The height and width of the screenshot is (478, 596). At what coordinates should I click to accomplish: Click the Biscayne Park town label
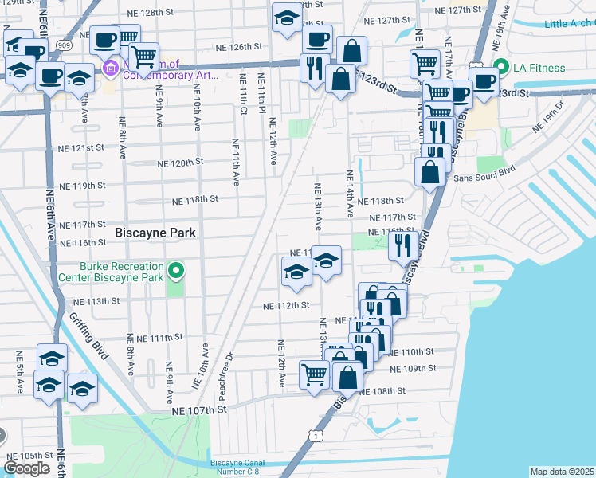point(156,233)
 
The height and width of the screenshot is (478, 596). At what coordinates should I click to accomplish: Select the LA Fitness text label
point(539,68)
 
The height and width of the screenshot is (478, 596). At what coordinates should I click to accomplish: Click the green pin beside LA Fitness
point(501,67)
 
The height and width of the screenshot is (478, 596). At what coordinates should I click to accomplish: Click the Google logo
point(26,468)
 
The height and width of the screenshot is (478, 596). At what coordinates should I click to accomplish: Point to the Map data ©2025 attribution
point(562,472)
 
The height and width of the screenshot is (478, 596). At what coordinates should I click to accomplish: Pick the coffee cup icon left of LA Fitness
point(483,80)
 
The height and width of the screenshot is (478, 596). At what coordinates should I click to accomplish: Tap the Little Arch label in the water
point(568,24)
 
